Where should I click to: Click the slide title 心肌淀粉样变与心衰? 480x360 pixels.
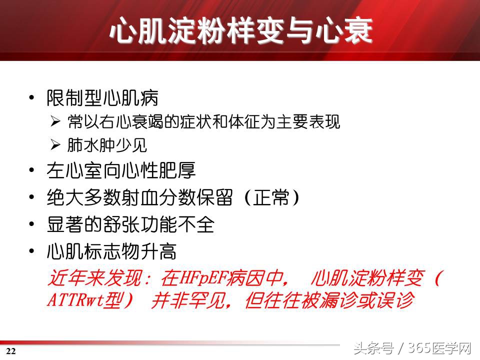(x=240, y=31)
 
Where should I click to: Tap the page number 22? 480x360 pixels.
(x=11, y=351)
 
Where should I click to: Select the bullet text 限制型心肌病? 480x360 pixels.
(x=102, y=97)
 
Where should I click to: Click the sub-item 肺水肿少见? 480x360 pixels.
(x=107, y=145)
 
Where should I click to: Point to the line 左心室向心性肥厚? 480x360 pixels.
(x=120, y=170)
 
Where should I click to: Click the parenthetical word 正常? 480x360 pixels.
(x=271, y=198)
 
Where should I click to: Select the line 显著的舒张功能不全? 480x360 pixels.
(x=130, y=225)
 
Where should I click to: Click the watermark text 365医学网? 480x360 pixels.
(x=440, y=348)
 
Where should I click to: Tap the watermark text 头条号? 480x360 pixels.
(x=372, y=348)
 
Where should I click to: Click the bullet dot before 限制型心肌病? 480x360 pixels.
(x=32, y=98)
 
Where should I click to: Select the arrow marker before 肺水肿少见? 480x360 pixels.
(x=55, y=145)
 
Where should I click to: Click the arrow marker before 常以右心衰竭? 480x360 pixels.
(x=55, y=121)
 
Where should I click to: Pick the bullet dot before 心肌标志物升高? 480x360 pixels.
(x=32, y=252)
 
